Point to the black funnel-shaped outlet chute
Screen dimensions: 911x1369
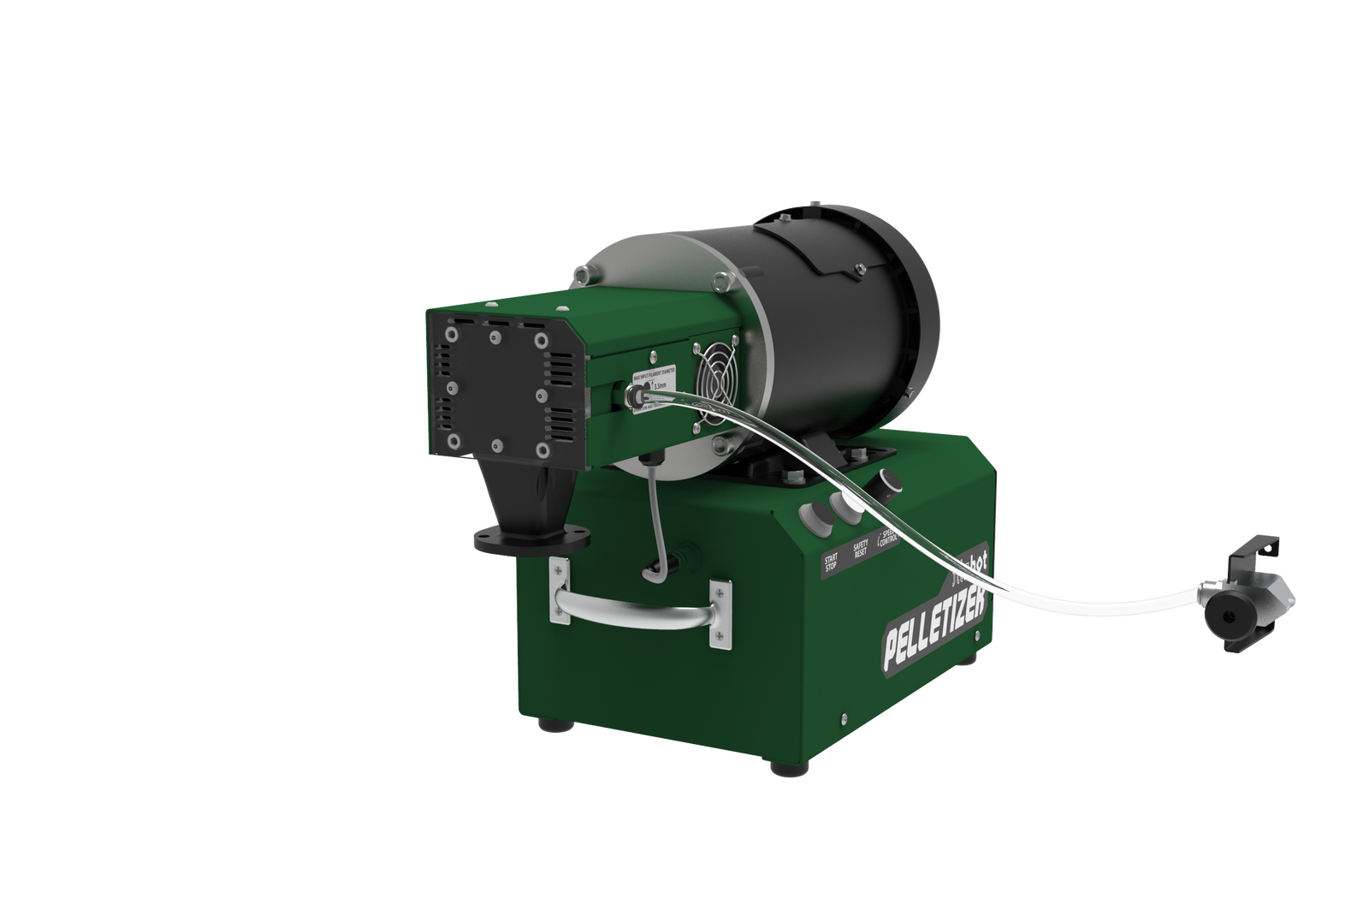528,492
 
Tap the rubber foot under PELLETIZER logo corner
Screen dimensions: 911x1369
791,769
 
